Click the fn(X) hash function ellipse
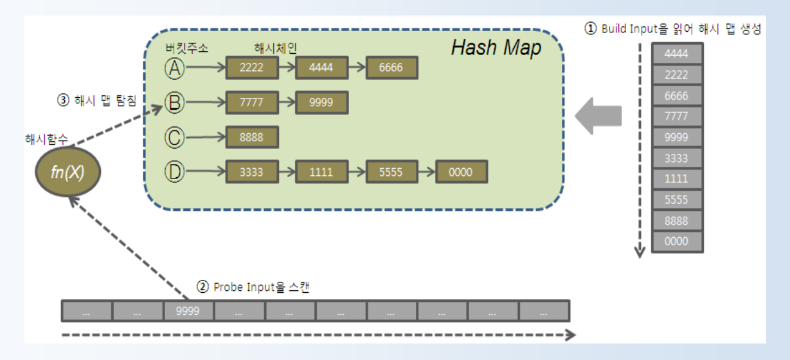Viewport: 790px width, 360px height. [68, 172]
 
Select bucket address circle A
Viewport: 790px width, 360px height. [175, 68]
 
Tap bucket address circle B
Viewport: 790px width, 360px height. [175, 102]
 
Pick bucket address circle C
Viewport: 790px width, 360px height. [175, 137]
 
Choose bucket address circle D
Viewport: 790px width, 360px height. [175, 171]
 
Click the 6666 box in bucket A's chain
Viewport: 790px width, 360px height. [392, 67]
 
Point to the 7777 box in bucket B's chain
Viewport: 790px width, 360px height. [252, 102]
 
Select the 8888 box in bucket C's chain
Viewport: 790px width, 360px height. [252, 137]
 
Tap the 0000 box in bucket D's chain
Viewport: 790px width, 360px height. [462, 172]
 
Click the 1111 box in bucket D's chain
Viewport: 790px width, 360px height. [322, 172]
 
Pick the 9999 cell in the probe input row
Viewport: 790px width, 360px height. [188, 311]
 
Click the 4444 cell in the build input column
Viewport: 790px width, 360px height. [677, 53]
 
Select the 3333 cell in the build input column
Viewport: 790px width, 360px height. [677, 158]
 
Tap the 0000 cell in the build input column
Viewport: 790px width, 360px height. [677, 241]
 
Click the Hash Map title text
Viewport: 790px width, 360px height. [497, 48]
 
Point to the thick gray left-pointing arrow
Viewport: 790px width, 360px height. [598, 116]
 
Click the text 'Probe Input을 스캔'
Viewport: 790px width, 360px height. [261, 287]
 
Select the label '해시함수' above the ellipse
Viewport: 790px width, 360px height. [46, 139]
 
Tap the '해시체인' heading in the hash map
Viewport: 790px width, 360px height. [275, 48]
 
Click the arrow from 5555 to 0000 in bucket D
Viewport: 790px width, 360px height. [427, 172]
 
